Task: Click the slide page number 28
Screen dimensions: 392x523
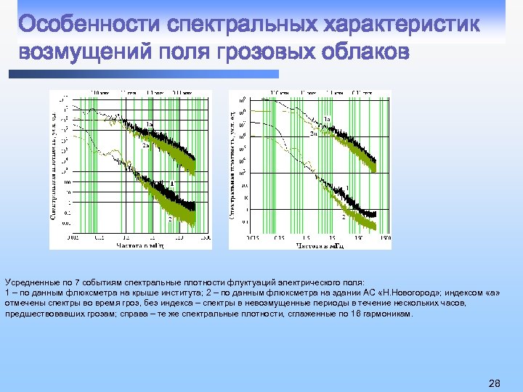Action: pos(495,383)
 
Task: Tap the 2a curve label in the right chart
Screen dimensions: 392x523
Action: pos(313,134)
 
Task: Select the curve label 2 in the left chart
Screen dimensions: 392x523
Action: pos(169,219)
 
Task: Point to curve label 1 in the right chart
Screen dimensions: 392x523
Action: pos(348,189)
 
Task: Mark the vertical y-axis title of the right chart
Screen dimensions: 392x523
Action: pos(233,167)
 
